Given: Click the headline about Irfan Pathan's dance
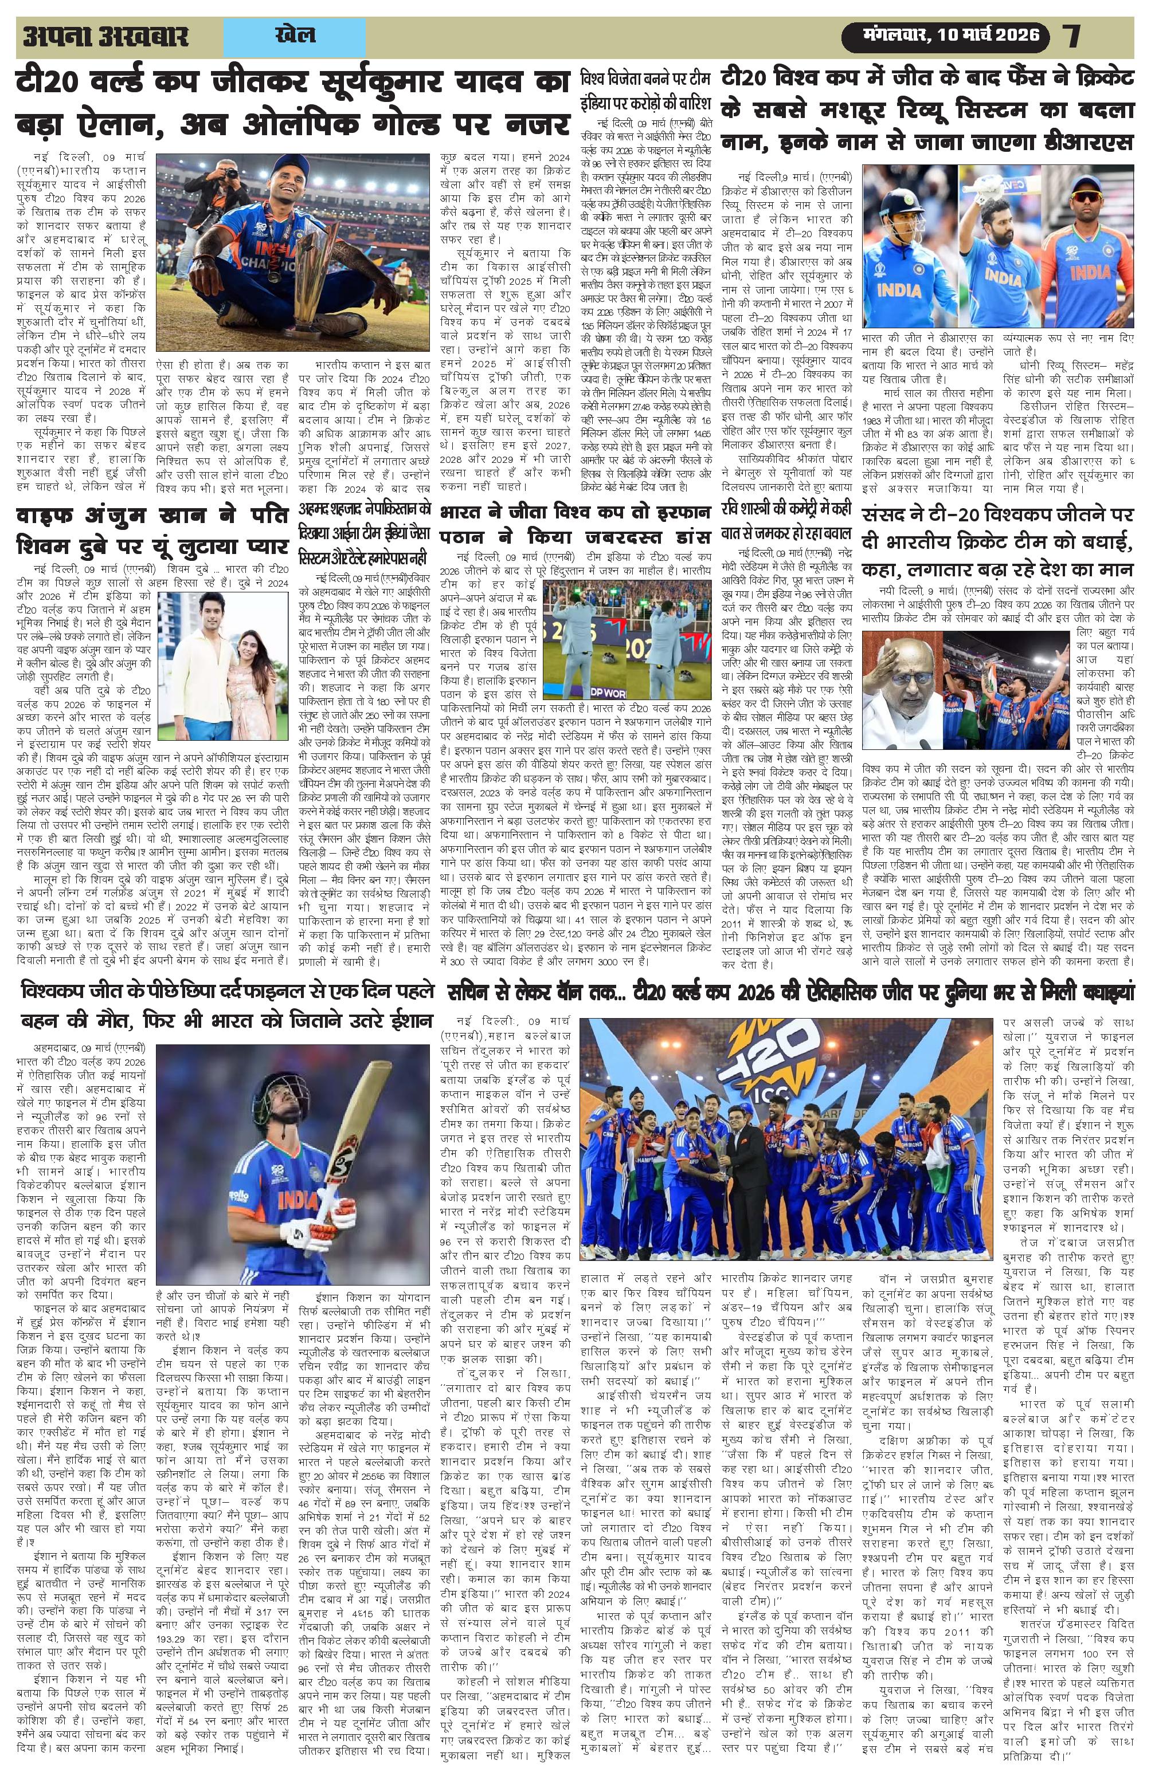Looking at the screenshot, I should click(x=577, y=525).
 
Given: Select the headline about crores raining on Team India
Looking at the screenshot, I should click(x=645, y=89).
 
